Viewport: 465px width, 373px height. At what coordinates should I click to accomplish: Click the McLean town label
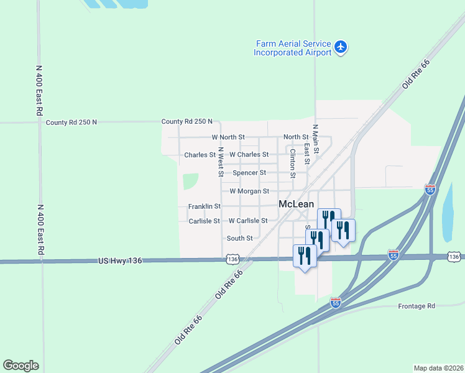[x=296, y=203]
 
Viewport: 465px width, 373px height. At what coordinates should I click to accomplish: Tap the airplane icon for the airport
[x=341, y=47]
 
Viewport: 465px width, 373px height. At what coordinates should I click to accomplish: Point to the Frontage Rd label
[x=417, y=306]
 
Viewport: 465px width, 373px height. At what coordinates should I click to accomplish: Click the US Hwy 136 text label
[x=121, y=261]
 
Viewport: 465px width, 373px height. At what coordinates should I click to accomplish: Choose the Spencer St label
[x=249, y=173]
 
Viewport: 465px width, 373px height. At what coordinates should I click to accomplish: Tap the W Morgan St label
[x=249, y=191]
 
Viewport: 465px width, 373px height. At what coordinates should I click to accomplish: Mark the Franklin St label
[x=205, y=206]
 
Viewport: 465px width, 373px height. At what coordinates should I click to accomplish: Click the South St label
[x=239, y=238]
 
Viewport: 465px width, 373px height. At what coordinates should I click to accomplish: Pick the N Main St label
[x=316, y=139]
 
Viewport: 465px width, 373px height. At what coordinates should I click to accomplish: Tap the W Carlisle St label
[x=247, y=221]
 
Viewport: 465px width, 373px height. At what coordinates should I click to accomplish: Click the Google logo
[x=21, y=366]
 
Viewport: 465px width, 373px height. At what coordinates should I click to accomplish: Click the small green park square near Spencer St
[x=190, y=182]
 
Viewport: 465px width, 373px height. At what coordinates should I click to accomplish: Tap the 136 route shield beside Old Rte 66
[x=232, y=258]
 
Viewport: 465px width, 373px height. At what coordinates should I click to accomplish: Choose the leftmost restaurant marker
[x=305, y=256]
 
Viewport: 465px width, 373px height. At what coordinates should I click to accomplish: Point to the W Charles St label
[x=249, y=155]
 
